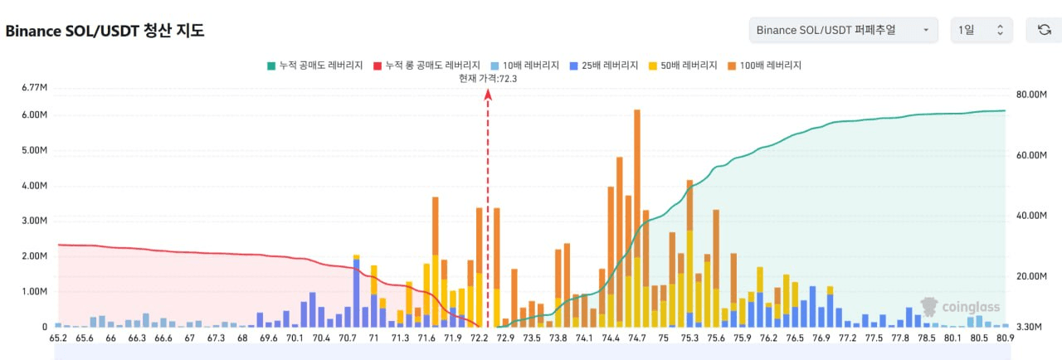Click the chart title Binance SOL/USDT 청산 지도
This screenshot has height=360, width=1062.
point(105,31)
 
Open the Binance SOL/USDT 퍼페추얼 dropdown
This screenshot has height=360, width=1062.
point(844,30)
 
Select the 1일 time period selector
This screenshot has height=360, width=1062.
point(982,30)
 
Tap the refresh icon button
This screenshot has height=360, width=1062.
point(1045,30)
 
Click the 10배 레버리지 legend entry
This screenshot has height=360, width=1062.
point(525,66)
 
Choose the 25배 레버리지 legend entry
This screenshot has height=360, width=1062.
point(604,66)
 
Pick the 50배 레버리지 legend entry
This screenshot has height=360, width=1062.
point(683,66)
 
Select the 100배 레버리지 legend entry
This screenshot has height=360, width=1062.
point(764,66)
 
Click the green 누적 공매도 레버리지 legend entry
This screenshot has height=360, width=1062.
point(314,66)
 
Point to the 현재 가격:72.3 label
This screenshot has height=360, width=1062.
point(488,79)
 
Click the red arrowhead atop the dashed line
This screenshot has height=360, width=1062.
point(488,95)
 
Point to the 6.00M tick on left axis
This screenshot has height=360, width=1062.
point(34,114)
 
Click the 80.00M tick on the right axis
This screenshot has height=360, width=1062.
point(1031,95)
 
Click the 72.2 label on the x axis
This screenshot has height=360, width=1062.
point(479,338)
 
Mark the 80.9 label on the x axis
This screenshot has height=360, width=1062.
point(1005,338)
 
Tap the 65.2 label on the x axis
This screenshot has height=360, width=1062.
point(58,338)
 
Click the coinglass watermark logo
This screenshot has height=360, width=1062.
point(960,307)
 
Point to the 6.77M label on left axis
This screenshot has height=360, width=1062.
point(34,88)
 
